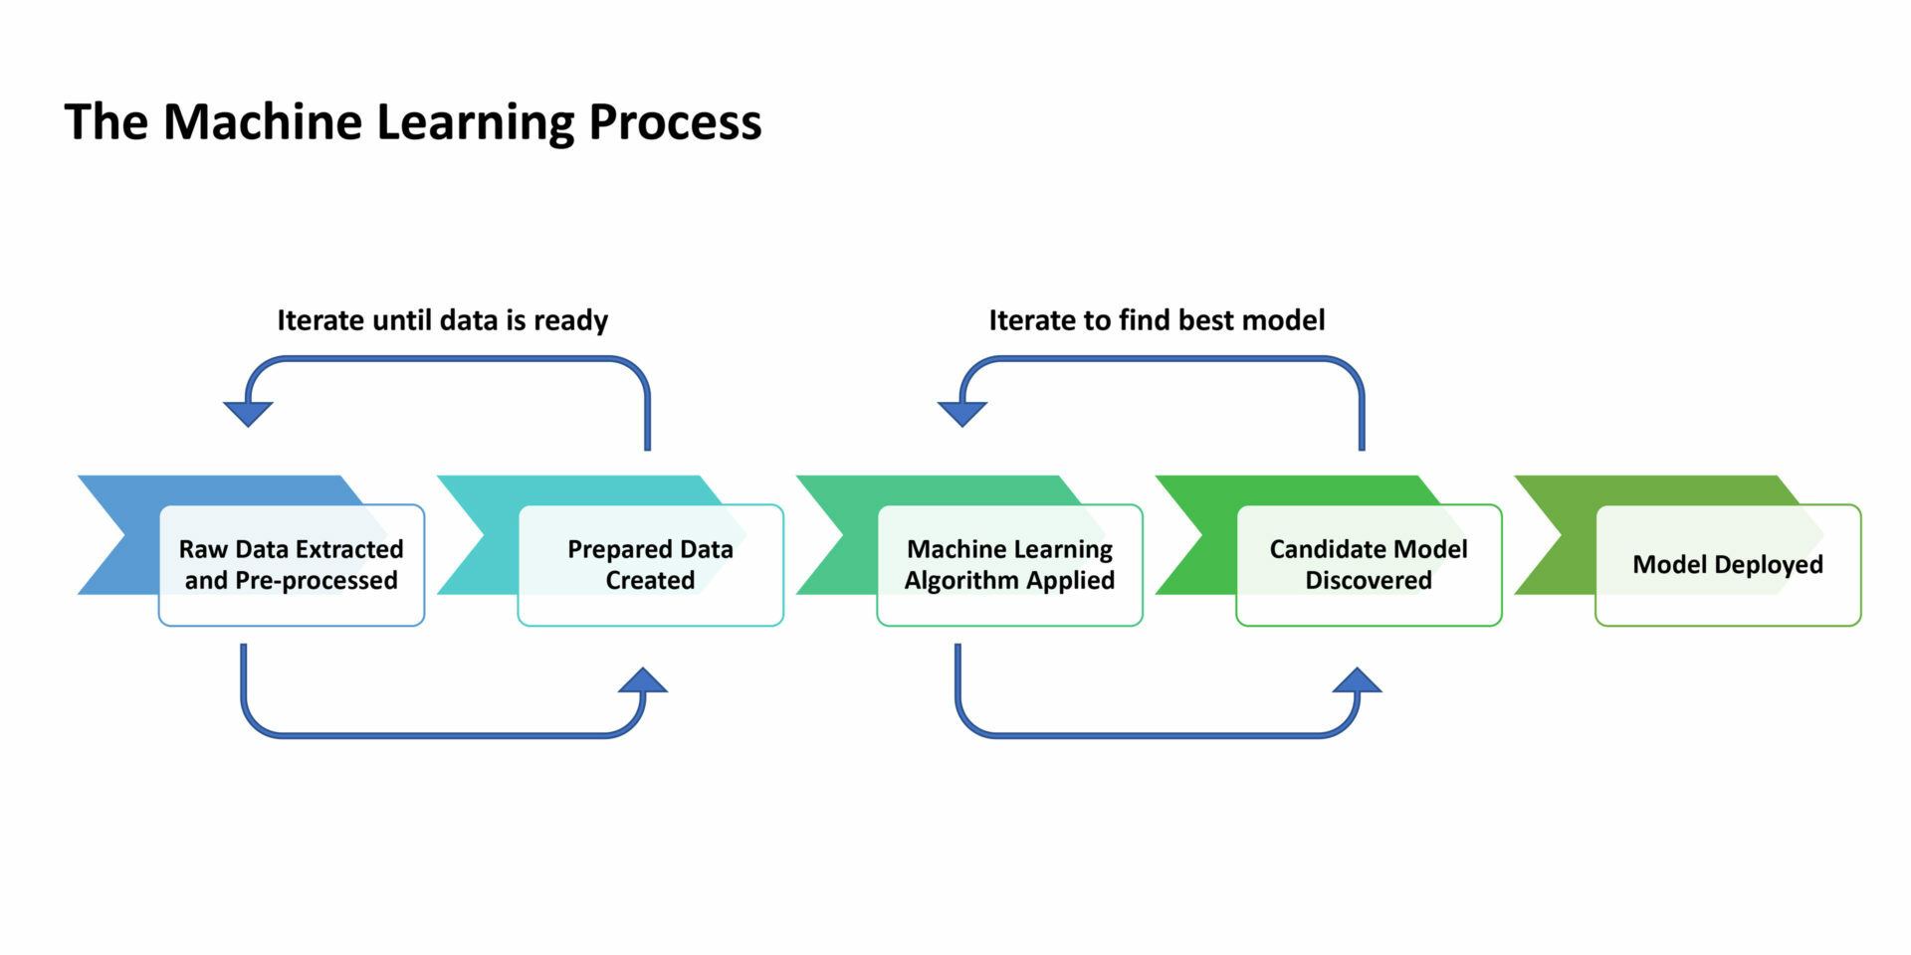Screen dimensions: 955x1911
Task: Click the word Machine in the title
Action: pos(262,122)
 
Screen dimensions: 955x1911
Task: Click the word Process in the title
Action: pos(675,122)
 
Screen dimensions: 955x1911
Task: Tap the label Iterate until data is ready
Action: pos(442,320)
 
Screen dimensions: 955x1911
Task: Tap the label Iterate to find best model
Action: pos(1157,320)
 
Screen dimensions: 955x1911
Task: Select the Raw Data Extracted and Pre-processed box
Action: pos(292,564)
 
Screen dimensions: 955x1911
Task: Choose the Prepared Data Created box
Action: pos(650,564)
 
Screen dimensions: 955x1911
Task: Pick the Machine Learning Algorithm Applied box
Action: pos(1009,564)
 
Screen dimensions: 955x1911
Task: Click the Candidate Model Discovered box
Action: pos(1369,564)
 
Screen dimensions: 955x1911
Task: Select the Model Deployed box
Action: pos(1728,564)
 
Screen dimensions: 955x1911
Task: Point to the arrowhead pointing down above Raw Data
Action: pos(248,412)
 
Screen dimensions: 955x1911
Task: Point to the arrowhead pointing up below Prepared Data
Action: pos(643,681)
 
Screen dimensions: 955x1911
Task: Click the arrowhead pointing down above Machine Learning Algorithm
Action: pos(962,412)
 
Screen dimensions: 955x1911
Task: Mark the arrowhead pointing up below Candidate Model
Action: pos(1357,681)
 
